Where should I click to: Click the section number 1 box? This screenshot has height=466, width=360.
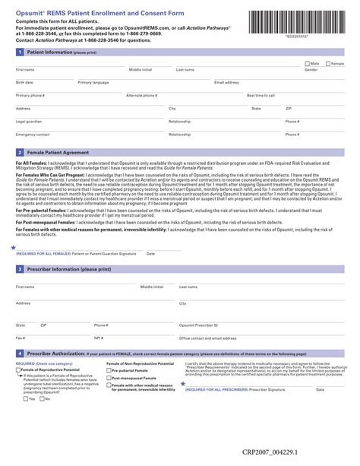[x=20, y=52]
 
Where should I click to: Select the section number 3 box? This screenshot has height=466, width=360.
[x=20, y=269]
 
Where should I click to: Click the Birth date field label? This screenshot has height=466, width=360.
[x=24, y=82]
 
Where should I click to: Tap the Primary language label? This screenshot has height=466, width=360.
[x=93, y=82]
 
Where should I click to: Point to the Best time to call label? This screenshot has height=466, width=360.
[x=261, y=96]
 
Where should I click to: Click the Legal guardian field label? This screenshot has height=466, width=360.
[x=29, y=122]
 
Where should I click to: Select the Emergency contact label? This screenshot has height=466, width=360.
[x=31, y=135]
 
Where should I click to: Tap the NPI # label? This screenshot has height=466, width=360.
[x=98, y=338]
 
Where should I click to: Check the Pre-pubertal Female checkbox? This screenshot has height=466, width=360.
[x=109, y=370]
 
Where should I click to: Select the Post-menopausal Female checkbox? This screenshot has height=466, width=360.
[x=109, y=378]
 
